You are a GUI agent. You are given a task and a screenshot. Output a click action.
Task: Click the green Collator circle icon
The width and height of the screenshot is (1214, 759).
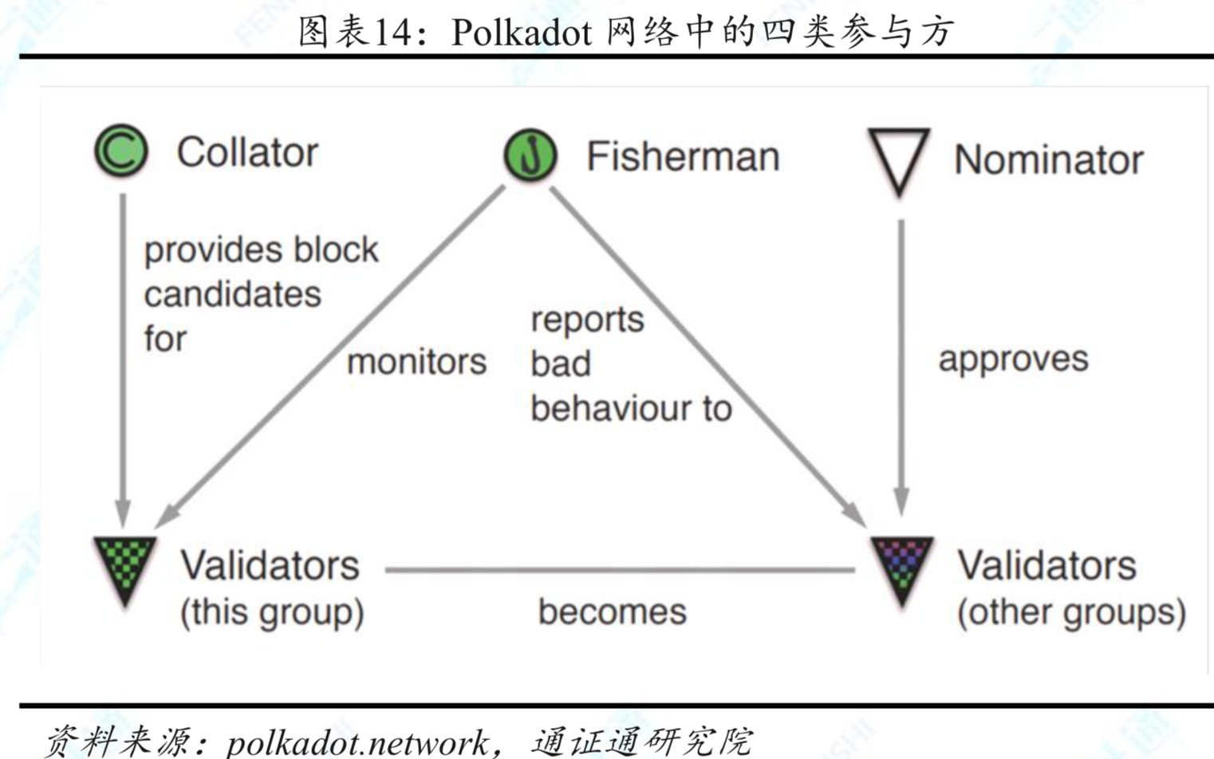[121, 151]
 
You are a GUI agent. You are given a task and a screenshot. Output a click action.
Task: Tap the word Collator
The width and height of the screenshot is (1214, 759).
[247, 152]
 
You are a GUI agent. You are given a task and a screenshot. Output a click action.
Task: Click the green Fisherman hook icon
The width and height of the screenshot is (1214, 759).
[530, 155]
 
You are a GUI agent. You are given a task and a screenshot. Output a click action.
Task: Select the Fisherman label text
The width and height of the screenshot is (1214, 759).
[683, 156]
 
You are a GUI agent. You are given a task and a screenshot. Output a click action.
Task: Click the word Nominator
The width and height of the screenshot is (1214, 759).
[1048, 159]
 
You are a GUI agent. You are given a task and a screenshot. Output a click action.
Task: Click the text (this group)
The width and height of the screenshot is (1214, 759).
[272, 612]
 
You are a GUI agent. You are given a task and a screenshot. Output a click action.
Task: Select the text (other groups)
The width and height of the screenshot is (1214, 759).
[1071, 612]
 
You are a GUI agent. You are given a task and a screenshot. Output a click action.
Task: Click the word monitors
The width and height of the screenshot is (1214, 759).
[416, 362]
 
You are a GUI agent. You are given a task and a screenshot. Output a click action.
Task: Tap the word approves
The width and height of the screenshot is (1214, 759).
[1013, 359]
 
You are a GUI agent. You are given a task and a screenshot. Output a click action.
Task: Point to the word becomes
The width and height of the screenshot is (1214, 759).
[612, 612]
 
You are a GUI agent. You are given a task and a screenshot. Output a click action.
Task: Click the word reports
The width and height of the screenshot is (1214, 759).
[587, 320]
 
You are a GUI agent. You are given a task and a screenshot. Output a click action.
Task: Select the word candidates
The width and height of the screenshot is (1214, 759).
[232, 294]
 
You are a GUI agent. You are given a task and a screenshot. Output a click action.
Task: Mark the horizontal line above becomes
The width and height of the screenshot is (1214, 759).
[619, 570]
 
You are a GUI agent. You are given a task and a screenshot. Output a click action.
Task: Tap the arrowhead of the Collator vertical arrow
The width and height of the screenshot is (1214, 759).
[123, 513]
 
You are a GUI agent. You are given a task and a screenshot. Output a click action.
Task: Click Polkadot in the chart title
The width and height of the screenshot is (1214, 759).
[521, 33]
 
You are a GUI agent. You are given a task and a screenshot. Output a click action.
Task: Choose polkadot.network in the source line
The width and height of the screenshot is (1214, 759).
[358, 742]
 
